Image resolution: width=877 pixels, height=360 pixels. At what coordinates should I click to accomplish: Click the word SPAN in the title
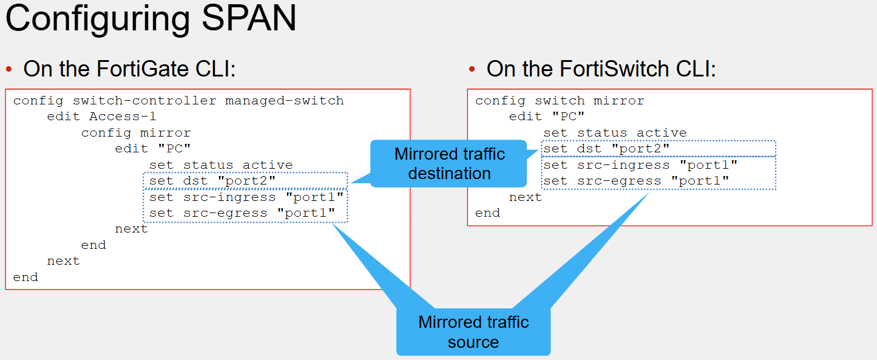pos(249,18)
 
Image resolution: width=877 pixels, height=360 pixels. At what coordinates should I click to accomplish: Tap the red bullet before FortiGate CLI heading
pos(9,69)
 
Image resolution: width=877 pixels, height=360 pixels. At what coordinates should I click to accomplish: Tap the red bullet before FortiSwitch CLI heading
pos(472,69)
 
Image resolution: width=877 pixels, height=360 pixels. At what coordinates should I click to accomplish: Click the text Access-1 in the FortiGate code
pos(123,117)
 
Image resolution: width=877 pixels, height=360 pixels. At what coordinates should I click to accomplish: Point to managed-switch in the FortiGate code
pos(285,101)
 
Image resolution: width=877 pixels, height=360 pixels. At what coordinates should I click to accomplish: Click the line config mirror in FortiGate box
pos(136,133)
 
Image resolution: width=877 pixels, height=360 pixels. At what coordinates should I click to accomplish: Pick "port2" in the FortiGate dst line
pos(246,180)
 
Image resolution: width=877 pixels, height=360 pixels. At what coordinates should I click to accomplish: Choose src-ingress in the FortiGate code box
pos(229,197)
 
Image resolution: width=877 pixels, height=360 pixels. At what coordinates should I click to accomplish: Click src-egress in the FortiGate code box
pos(225,213)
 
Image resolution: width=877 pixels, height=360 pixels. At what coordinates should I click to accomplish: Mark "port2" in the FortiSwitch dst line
pos(640,149)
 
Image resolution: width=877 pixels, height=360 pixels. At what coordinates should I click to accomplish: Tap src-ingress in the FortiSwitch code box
pos(623,165)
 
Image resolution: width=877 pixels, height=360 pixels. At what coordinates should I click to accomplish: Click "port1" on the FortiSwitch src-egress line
pos(700,181)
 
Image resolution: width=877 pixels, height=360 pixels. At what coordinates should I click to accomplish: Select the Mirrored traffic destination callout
pos(449,163)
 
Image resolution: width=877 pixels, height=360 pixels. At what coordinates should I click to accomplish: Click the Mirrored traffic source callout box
pos(473,332)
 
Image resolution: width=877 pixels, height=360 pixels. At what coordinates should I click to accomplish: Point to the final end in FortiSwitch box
pos(487,213)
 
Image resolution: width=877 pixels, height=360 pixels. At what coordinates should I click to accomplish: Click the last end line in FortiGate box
pos(25,277)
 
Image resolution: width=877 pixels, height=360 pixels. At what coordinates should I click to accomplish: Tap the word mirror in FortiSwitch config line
pos(618,101)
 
